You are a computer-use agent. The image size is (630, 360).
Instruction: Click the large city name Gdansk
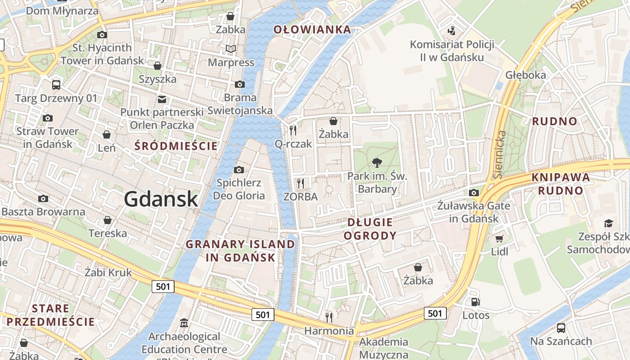click(161, 199)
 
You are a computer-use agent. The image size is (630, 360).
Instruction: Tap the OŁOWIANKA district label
click(312, 30)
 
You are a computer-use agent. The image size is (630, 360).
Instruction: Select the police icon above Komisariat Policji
click(451, 31)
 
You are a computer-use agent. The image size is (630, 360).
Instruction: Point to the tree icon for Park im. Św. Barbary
click(377, 163)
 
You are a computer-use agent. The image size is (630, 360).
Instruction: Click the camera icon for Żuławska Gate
click(473, 193)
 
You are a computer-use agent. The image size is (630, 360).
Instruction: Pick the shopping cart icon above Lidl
click(499, 238)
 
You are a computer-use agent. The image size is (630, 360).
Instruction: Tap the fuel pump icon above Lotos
click(475, 302)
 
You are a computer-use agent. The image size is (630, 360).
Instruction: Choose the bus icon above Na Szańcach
click(561, 328)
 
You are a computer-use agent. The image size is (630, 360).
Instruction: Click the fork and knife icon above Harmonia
click(329, 318)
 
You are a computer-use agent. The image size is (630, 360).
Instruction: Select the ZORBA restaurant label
click(301, 197)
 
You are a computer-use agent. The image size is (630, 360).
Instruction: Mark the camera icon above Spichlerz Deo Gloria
click(239, 170)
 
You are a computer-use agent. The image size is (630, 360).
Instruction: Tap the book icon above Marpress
click(231, 49)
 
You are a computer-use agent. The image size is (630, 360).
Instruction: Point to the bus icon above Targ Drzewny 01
click(56, 85)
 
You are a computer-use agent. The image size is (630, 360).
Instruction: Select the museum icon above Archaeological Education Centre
click(184, 323)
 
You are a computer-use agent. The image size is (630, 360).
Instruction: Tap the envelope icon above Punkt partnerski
click(162, 99)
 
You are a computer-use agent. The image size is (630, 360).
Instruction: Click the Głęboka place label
click(526, 75)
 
